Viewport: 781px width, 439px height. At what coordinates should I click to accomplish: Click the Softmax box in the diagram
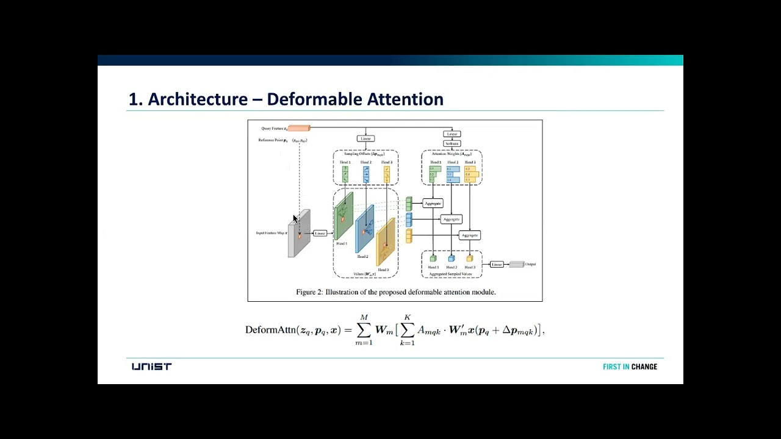pos(452,144)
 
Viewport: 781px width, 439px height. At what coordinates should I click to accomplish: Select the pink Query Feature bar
pos(299,128)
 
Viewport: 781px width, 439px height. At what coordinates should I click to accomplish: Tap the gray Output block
pos(516,264)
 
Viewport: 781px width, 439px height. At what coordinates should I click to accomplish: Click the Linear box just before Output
pos(497,264)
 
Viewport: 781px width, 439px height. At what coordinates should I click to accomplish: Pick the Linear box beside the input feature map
pos(320,233)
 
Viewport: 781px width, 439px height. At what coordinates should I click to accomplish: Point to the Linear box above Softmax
pos(452,134)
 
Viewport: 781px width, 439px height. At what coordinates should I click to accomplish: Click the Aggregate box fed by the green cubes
pos(433,203)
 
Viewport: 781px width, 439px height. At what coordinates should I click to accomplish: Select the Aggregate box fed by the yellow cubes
pos(469,235)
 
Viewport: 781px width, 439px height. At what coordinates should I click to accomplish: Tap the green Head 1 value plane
pos(344,216)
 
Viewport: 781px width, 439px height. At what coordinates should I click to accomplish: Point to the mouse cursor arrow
pos(295,219)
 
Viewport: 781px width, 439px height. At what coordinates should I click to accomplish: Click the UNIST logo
pos(151,366)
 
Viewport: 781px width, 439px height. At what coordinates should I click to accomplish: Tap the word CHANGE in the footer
pos(644,366)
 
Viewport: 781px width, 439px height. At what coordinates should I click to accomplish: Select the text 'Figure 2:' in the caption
pos(309,292)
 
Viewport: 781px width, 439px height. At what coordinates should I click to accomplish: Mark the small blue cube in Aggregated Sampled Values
pos(452,259)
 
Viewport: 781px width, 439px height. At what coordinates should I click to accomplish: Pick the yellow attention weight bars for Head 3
pos(472,174)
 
